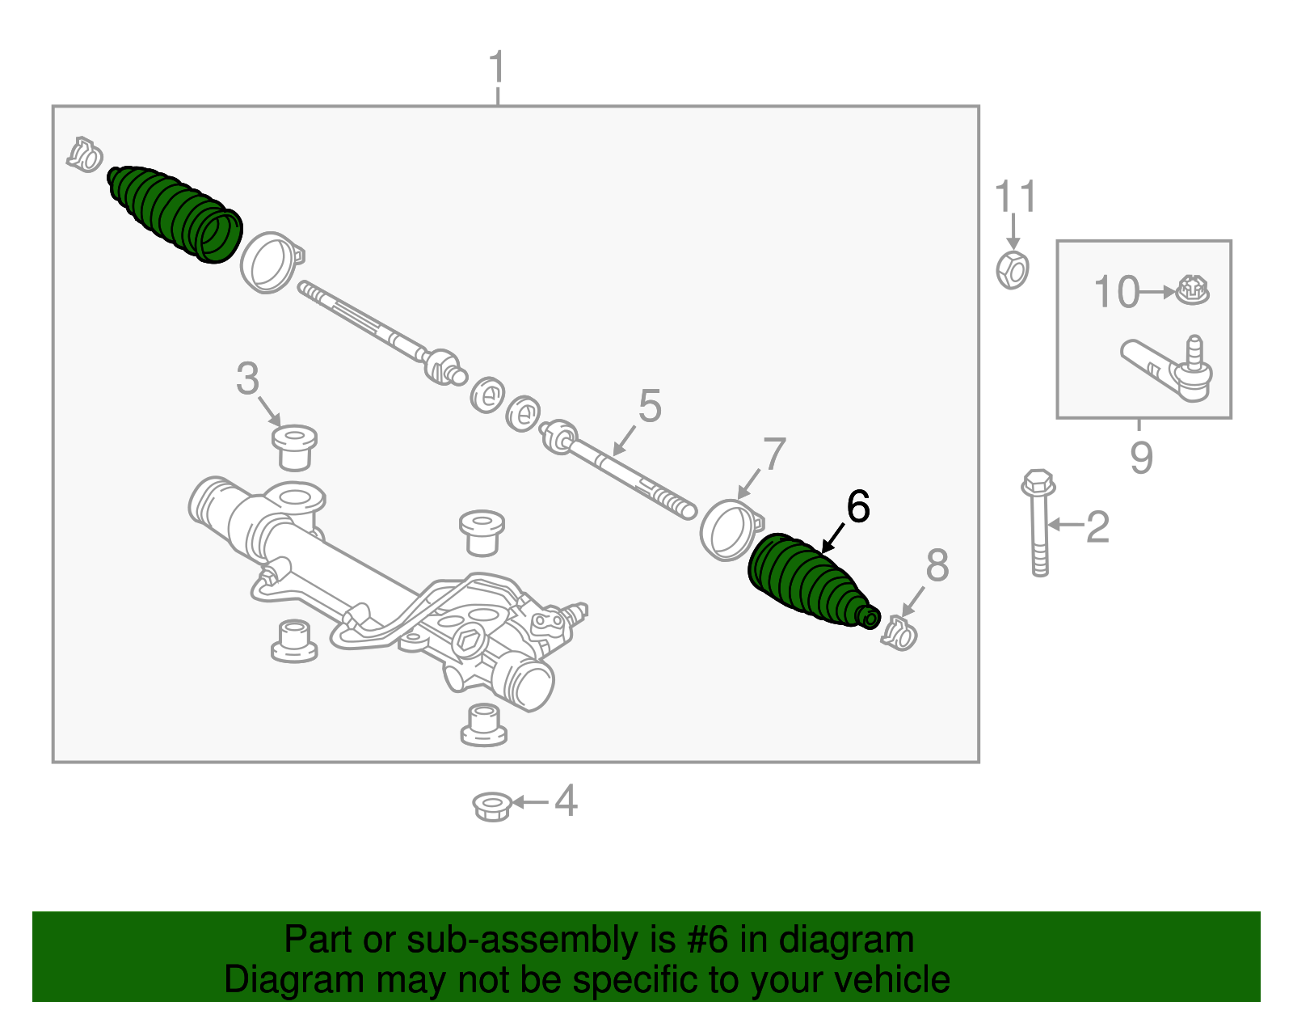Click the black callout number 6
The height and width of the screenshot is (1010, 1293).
coord(857,507)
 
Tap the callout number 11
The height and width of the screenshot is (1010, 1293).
coord(1014,197)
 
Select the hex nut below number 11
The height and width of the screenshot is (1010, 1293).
coord(1013,269)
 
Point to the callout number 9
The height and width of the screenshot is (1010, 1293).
coord(1140,458)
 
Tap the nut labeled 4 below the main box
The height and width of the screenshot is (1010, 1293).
coord(491,805)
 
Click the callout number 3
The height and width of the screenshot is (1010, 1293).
coord(247,378)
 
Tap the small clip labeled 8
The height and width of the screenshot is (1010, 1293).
coord(899,632)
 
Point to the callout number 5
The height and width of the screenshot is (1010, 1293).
coord(650,406)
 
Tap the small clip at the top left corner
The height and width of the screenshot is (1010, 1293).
coord(85,154)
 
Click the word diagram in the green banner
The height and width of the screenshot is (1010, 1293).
coord(846,940)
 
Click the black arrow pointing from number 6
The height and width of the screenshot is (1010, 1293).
coord(832,539)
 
